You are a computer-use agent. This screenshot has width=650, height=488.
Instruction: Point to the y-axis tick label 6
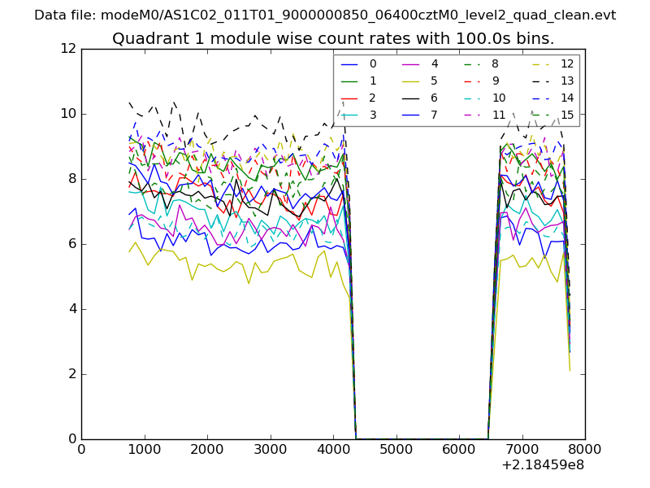click(70, 244)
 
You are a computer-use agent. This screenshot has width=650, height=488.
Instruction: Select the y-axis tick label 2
click(70, 374)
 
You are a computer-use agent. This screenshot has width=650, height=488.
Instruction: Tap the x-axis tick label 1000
click(144, 449)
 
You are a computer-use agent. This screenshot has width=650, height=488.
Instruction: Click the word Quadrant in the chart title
click(148, 39)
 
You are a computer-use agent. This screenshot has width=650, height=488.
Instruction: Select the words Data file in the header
click(62, 15)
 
